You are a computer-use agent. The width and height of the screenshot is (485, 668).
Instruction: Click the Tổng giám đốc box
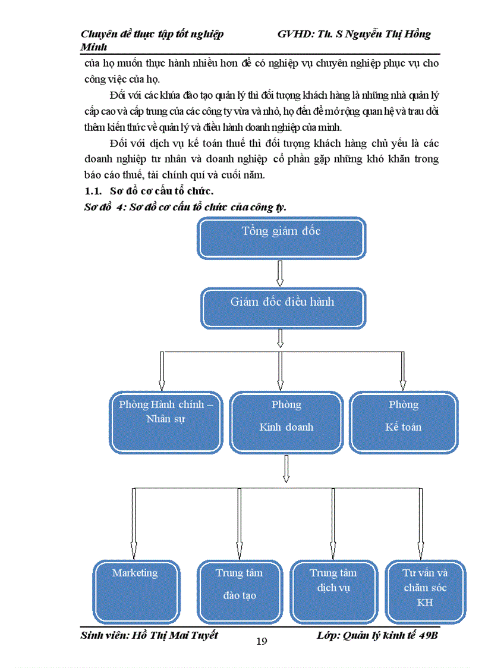pos(281,238)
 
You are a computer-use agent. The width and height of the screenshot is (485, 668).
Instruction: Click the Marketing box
pos(136,590)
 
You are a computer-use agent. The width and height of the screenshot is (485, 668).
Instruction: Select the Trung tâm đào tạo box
pos(239,590)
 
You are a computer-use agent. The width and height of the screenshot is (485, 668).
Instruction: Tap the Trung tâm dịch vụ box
pos(333,590)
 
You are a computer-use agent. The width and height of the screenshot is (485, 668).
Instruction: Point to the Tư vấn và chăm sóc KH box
pos(425,590)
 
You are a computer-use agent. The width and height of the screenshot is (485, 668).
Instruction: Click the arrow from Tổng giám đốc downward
pos(281,274)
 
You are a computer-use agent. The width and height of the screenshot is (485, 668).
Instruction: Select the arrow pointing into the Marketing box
pos(133,523)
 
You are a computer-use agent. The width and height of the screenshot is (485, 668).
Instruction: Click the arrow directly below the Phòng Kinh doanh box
pos(286,469)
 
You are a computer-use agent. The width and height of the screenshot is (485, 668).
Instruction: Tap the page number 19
pos(262,641)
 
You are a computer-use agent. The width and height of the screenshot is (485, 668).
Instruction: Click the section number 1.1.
pos(92,191)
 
